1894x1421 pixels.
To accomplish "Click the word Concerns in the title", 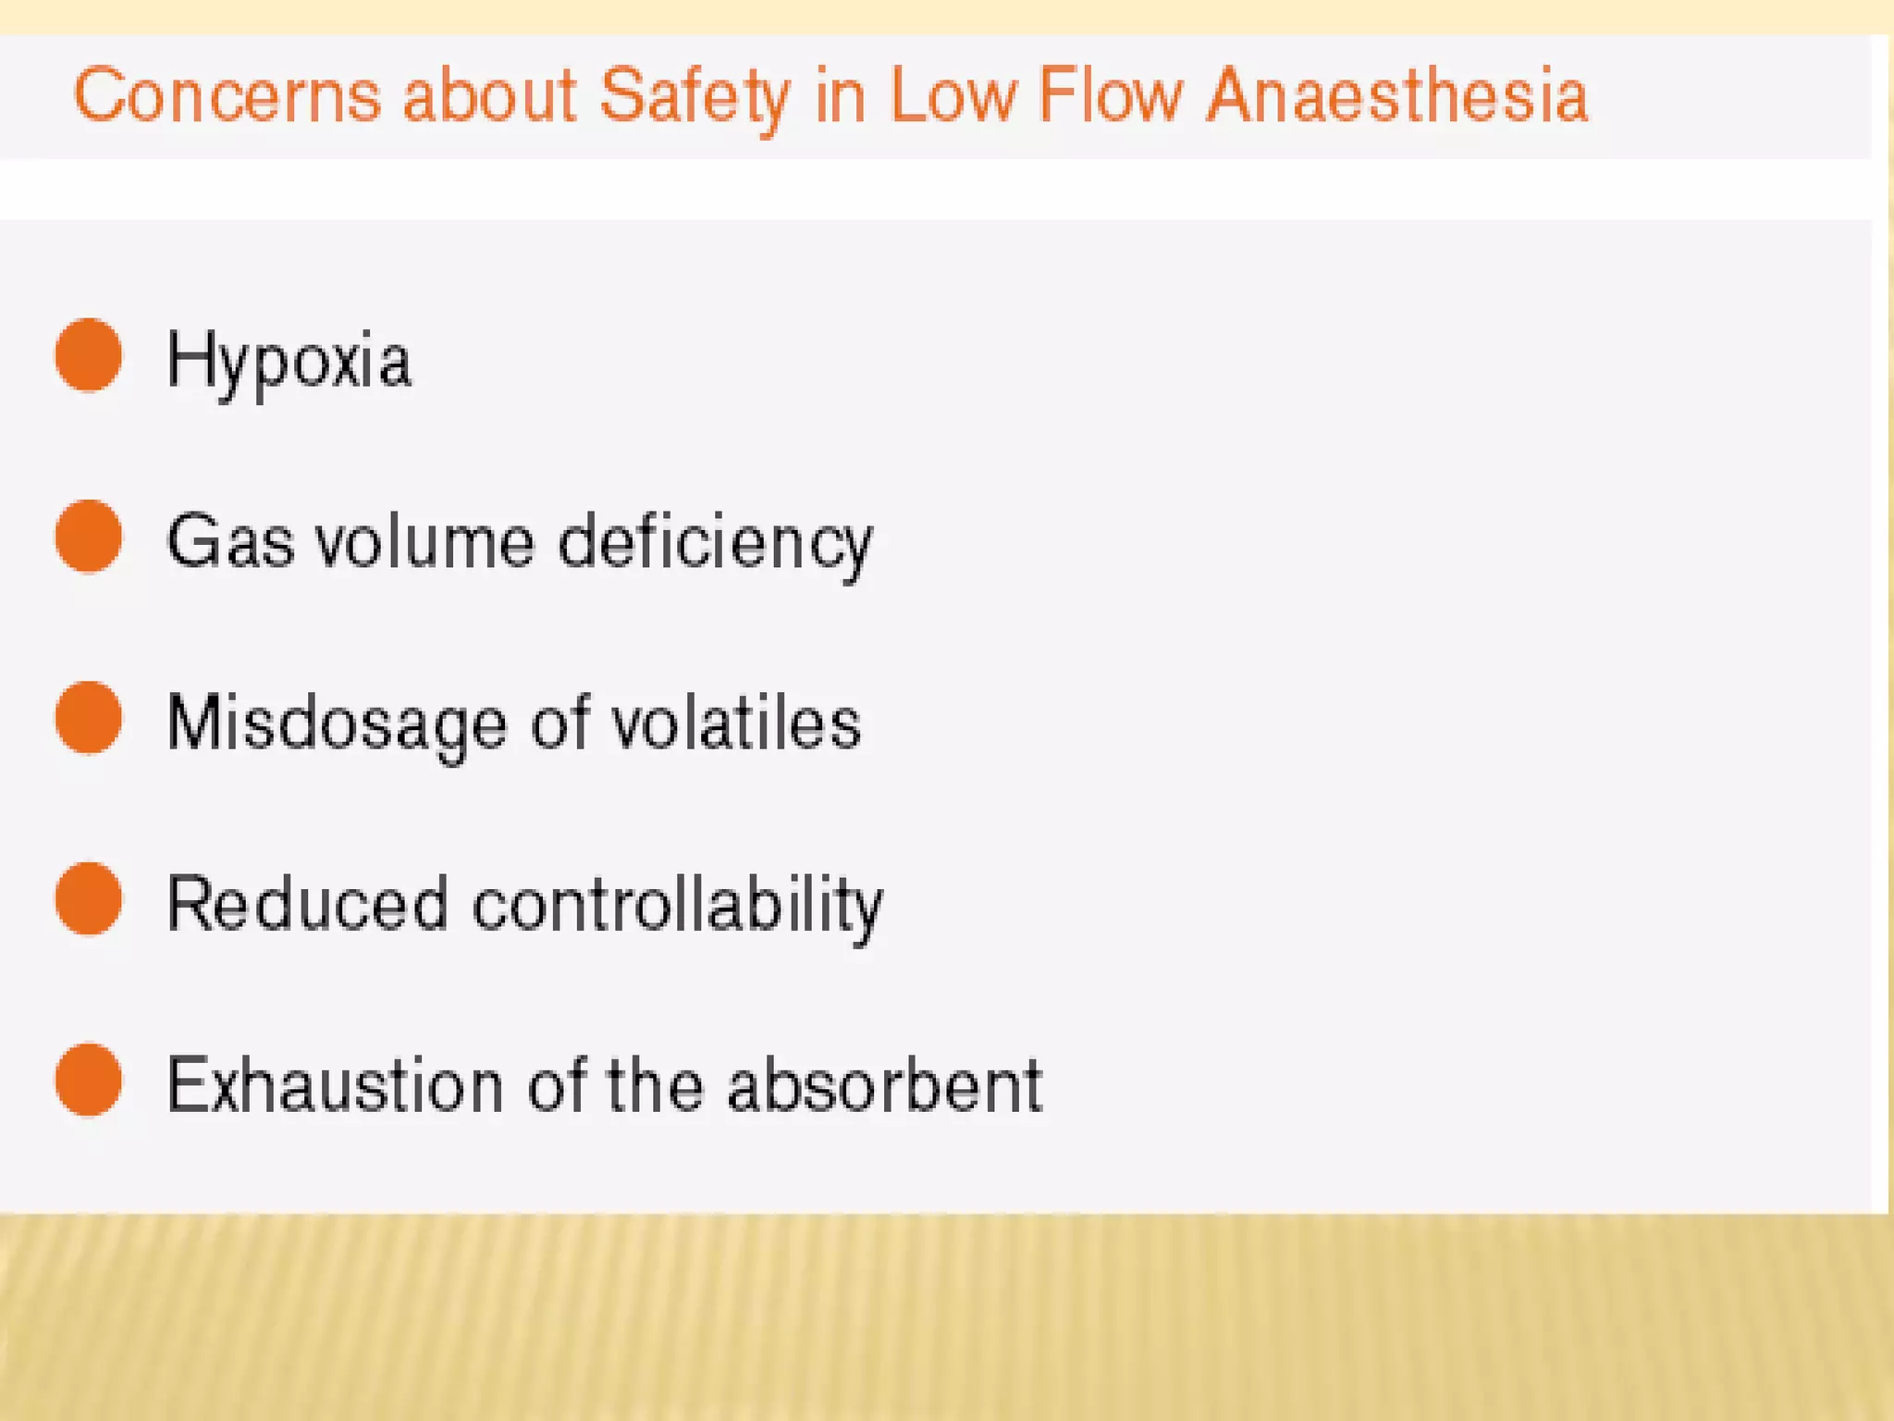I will coord(227,95).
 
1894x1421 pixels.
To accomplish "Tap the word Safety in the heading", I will coord(694,97).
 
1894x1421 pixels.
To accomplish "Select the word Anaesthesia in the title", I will coord(1397,95).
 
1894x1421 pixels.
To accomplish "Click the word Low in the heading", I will coord(952,95).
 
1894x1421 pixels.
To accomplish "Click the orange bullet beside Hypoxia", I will coord(89,355).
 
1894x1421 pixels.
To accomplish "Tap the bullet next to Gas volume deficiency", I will coord(89,537).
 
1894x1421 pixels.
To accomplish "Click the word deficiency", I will coord(715,544).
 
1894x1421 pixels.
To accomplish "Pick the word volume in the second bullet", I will coord(424,542).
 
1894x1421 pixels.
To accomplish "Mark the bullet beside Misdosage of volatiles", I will coord(89,718).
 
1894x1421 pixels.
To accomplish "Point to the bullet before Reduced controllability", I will coord(89,899).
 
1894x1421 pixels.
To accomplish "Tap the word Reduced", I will coord(308,904).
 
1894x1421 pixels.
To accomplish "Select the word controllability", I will coord(678,906).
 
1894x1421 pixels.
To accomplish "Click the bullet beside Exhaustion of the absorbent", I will coord(89,1081).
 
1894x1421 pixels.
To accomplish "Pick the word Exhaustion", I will coord(335,1085).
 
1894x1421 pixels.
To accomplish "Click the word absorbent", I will coord(885,1085).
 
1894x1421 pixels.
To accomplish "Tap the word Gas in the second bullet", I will coord(230,542).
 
